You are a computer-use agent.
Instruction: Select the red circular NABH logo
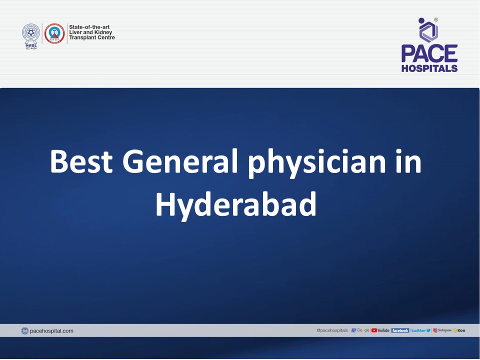pos(54,33)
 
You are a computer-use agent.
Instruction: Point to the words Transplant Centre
pos(92,37)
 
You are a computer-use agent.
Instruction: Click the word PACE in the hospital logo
pos(429,54)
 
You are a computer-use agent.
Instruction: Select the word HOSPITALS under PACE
pos(429,68)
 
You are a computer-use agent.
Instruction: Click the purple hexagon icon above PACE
pos(428,30)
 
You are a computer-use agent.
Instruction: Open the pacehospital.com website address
pos(51,331)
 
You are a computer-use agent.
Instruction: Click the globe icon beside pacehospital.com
pos(25,331)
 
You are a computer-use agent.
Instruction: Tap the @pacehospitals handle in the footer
pos(332,330)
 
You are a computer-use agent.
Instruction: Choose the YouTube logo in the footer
pos(380,330)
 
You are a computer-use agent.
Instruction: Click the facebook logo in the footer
pos(400,330)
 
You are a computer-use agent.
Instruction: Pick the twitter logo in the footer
pos(420,330)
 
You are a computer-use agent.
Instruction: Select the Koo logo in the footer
pos(459,330)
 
